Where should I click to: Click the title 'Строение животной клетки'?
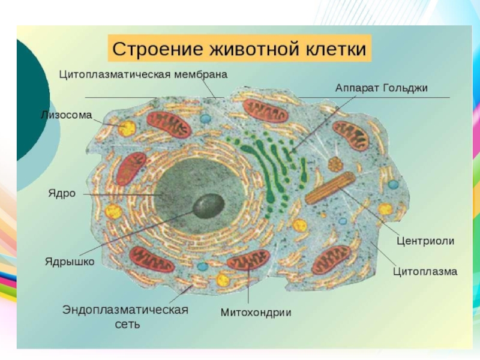[239, 48]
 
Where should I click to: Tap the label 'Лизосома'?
[66, 115]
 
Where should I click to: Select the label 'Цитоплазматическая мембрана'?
[143, 75]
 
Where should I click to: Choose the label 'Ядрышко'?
[70, 262]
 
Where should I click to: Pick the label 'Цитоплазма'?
[425, 271]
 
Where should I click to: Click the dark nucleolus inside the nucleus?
[206, 205]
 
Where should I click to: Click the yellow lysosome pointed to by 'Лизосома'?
[127, 128]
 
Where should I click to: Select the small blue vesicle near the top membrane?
[205, 119]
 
